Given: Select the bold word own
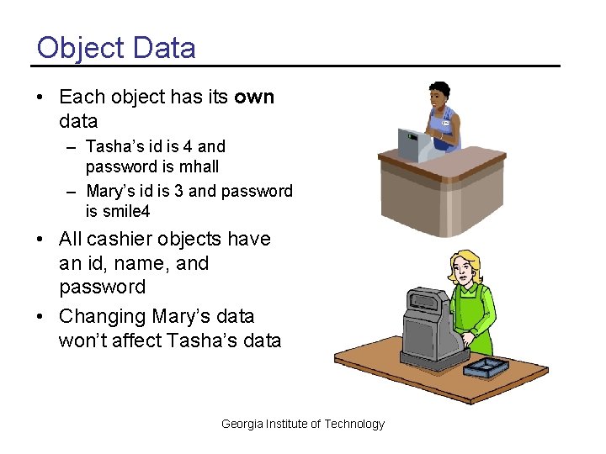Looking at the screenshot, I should (254, 97).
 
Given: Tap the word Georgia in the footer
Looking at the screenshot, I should (242, 424).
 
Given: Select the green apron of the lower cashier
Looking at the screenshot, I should (476, 315).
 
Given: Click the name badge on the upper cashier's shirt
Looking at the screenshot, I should (446, 124).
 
